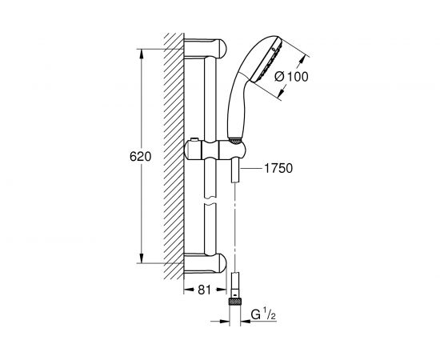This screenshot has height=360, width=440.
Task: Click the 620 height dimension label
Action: pos(140,157)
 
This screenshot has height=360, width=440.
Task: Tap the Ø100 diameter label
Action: pos(291,77)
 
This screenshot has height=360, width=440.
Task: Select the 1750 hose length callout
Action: pos(278,168)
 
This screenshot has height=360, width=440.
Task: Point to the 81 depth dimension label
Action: pos(204,290)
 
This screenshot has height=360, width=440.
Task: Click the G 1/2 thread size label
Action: pos(263,314)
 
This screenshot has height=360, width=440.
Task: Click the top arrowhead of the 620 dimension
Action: pos(142,54)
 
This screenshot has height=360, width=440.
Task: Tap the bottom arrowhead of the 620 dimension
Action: pos(142,258)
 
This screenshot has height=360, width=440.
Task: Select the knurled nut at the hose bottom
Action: pos(235,302)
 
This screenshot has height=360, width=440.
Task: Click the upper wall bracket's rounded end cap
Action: pos(222,48)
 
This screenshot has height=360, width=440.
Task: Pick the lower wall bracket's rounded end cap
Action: pos(222,262)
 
